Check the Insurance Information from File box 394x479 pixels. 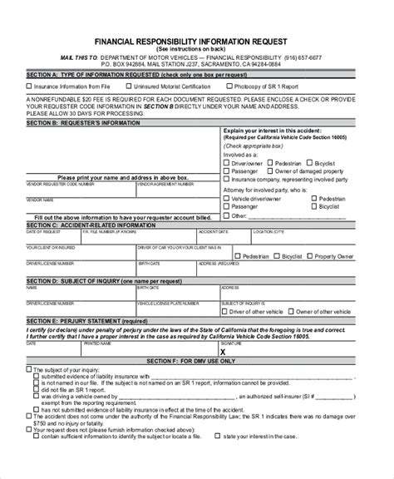pyautogui.click(x=31, y=85)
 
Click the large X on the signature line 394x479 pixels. pyautogui.click(x=244, y=352)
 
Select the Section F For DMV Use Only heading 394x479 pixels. pyautogui.click(x=198, y=360)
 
